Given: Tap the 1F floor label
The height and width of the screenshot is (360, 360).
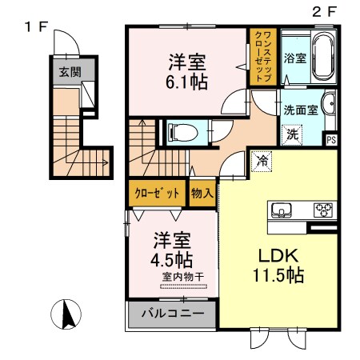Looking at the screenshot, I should (37, 26).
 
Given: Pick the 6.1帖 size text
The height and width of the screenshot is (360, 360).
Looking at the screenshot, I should (189, 81).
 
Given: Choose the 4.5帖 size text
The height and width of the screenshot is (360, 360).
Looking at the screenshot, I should (172, 259).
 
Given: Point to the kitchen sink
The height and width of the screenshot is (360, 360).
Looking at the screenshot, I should (282, 210).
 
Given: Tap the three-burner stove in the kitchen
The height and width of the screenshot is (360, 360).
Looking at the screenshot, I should (324, 210).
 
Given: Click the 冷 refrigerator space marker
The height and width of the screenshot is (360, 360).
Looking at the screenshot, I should (262, 160).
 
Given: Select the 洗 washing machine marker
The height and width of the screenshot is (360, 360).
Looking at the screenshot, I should (294, 134).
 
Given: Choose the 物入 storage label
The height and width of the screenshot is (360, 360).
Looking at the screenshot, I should (201, 194).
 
